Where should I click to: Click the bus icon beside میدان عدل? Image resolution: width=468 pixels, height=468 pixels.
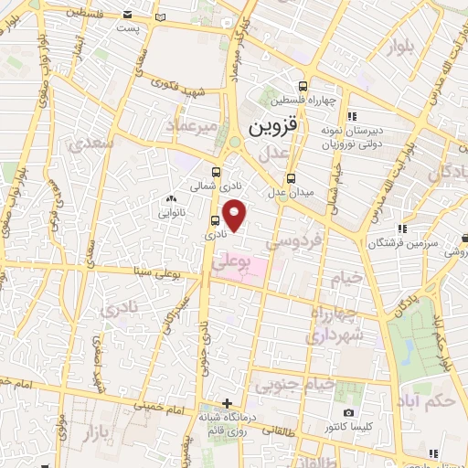point(291,178)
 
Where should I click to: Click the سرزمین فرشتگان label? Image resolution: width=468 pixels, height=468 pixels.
point(404,243)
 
